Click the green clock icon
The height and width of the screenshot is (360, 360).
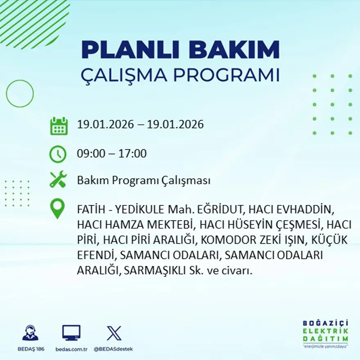coord(58,154)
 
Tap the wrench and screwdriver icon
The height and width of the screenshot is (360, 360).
coord(58,180)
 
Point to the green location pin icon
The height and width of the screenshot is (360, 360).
coord(58,209)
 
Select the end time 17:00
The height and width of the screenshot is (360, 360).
coord(133,154)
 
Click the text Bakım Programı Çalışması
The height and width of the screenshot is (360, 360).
coord(144,180)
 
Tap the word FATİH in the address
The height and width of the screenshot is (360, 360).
coord(90,210)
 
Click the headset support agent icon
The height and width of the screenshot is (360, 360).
coord(30,333)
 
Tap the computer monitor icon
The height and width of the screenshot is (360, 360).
coord(71,333)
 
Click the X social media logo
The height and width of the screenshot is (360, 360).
coord(114,333)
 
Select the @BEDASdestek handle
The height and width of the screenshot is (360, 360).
coord(113,349)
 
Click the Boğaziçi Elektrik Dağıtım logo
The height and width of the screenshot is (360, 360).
coord(326,333)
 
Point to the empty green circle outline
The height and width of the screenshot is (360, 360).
coord(20,94)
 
